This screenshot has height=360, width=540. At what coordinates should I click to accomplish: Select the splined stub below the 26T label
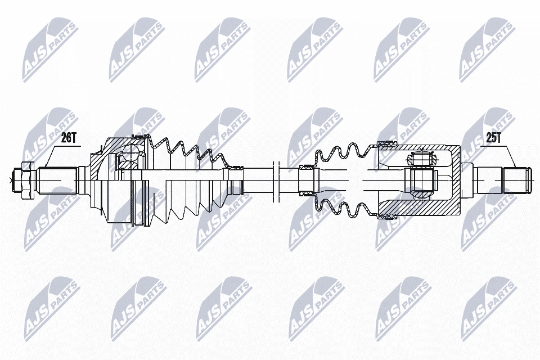pyautogui.click(x=57, y=179)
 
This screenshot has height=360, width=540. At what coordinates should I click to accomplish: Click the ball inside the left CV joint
pyautogui.click(x=130, y=154)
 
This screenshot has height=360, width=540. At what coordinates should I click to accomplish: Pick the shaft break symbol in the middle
pyautogui.click(x=276, y=179)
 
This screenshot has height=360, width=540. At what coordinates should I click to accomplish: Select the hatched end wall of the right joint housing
pyautogui.click(x=453, y=179)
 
